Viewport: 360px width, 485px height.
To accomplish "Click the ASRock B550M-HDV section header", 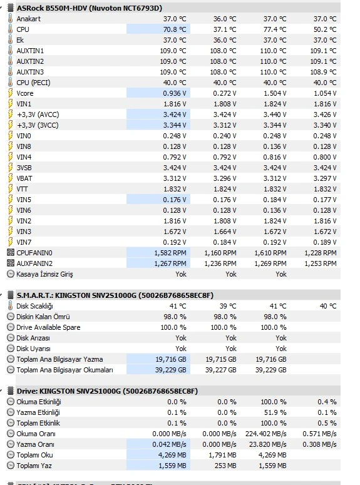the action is (x=89, y=8).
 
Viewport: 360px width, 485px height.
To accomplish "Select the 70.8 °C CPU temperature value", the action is (x=175, y=29).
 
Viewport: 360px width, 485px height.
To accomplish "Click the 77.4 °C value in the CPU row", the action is (x=275, y=29).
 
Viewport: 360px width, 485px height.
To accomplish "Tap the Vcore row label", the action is (x=25, y=93).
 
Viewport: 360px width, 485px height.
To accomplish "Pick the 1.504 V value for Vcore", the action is (x=275, y=93).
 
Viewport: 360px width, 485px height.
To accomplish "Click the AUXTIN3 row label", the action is (x=30, y=72).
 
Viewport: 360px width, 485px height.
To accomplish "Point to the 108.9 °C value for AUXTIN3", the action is (x=323, y=72).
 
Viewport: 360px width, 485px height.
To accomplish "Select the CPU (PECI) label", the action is (x=33, y=83).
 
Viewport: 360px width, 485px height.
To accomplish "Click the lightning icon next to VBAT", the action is (x=11, y=178).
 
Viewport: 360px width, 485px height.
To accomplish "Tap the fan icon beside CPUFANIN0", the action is (x=11, y=253).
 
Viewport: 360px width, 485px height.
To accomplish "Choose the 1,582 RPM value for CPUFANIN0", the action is (x=170, y=253).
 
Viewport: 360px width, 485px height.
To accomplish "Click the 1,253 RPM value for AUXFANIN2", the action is (x=321, y=263).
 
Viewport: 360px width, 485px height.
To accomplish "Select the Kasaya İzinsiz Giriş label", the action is (x=44, y=274).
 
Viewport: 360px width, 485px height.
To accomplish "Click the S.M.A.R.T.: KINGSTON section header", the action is (x=115, y=295).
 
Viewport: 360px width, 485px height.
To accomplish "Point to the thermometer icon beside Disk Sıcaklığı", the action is (x=11, y=306).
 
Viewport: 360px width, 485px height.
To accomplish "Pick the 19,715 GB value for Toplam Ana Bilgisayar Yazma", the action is (x=221, y=359).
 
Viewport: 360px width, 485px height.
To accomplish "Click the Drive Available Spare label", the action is (x=48, y=327).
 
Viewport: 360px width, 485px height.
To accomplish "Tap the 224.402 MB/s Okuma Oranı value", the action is (x=266, y=434).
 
